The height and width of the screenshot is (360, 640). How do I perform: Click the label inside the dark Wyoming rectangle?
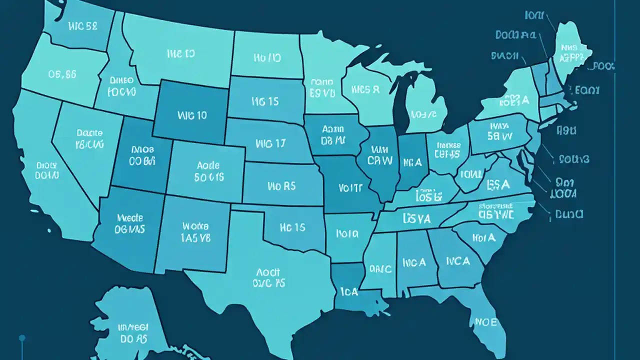(x=192, y=115)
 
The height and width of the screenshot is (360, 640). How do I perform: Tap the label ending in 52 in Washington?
(x=77, y=26)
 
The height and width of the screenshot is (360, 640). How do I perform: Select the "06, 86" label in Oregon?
(x=62, y=74)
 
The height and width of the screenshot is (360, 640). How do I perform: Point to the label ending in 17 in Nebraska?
(x=270, y=144)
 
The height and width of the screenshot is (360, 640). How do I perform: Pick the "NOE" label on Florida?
(x=485, y=322)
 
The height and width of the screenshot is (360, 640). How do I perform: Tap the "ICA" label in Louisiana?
(x=348, y=291)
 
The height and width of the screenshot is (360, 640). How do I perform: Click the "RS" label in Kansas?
(x=282, y=186)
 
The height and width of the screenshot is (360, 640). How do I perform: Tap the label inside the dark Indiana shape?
(x=412, y=162)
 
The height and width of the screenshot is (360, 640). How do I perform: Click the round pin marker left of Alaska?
(x=22, y=338)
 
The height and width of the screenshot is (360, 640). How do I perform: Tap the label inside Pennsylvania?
(x=500, y=130)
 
